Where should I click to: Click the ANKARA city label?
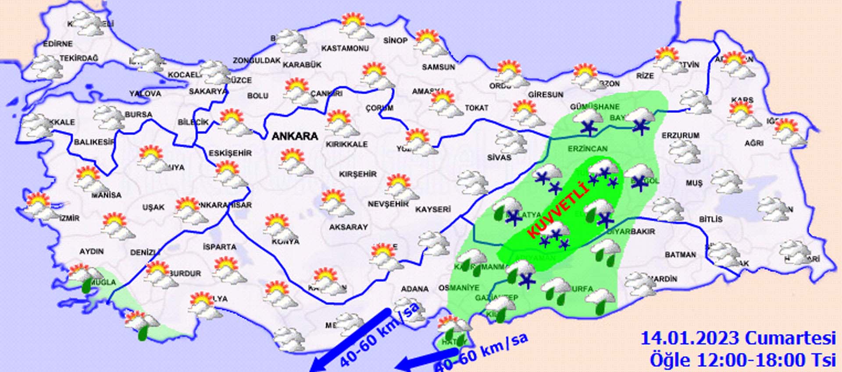[295, 136]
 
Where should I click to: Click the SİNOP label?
[395, 41]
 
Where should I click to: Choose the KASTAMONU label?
[345, 48]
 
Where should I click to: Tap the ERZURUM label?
[680, 136]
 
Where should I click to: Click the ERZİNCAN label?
[588, 149]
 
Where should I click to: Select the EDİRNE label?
[58, 44]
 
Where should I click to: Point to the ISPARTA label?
[220, 247]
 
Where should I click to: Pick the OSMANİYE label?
[459, 288]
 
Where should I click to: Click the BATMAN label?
[680, 255]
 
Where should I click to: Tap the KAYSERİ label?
[433, 209]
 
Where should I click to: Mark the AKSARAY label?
[349, 227]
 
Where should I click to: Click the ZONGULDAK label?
[257, 60]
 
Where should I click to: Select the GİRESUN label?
[546, 95]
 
